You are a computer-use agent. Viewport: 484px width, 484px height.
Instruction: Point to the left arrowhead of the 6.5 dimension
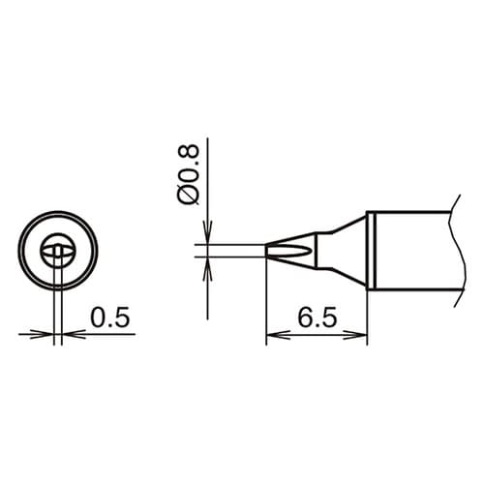click(x=273, y=336)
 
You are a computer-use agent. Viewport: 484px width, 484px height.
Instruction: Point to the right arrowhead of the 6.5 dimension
click(x=360, y=336)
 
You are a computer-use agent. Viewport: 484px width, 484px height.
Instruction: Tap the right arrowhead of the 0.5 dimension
click(x=69, y=334)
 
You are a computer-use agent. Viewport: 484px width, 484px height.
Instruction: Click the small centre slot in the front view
click(x=59, y=254)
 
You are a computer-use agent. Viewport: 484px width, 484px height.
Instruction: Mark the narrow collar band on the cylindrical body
click(x=371, y=251)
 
